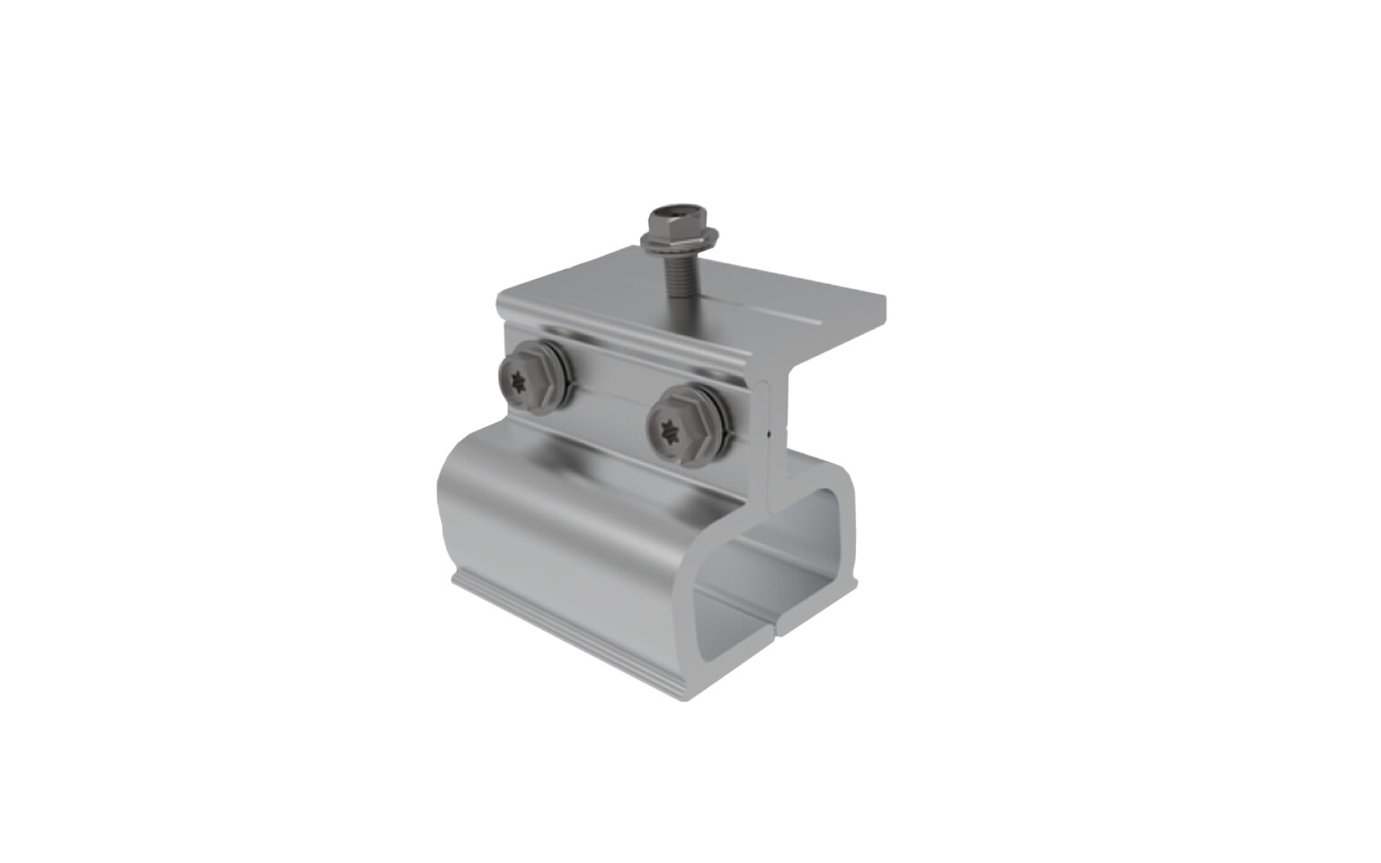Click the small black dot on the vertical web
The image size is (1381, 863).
771,433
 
